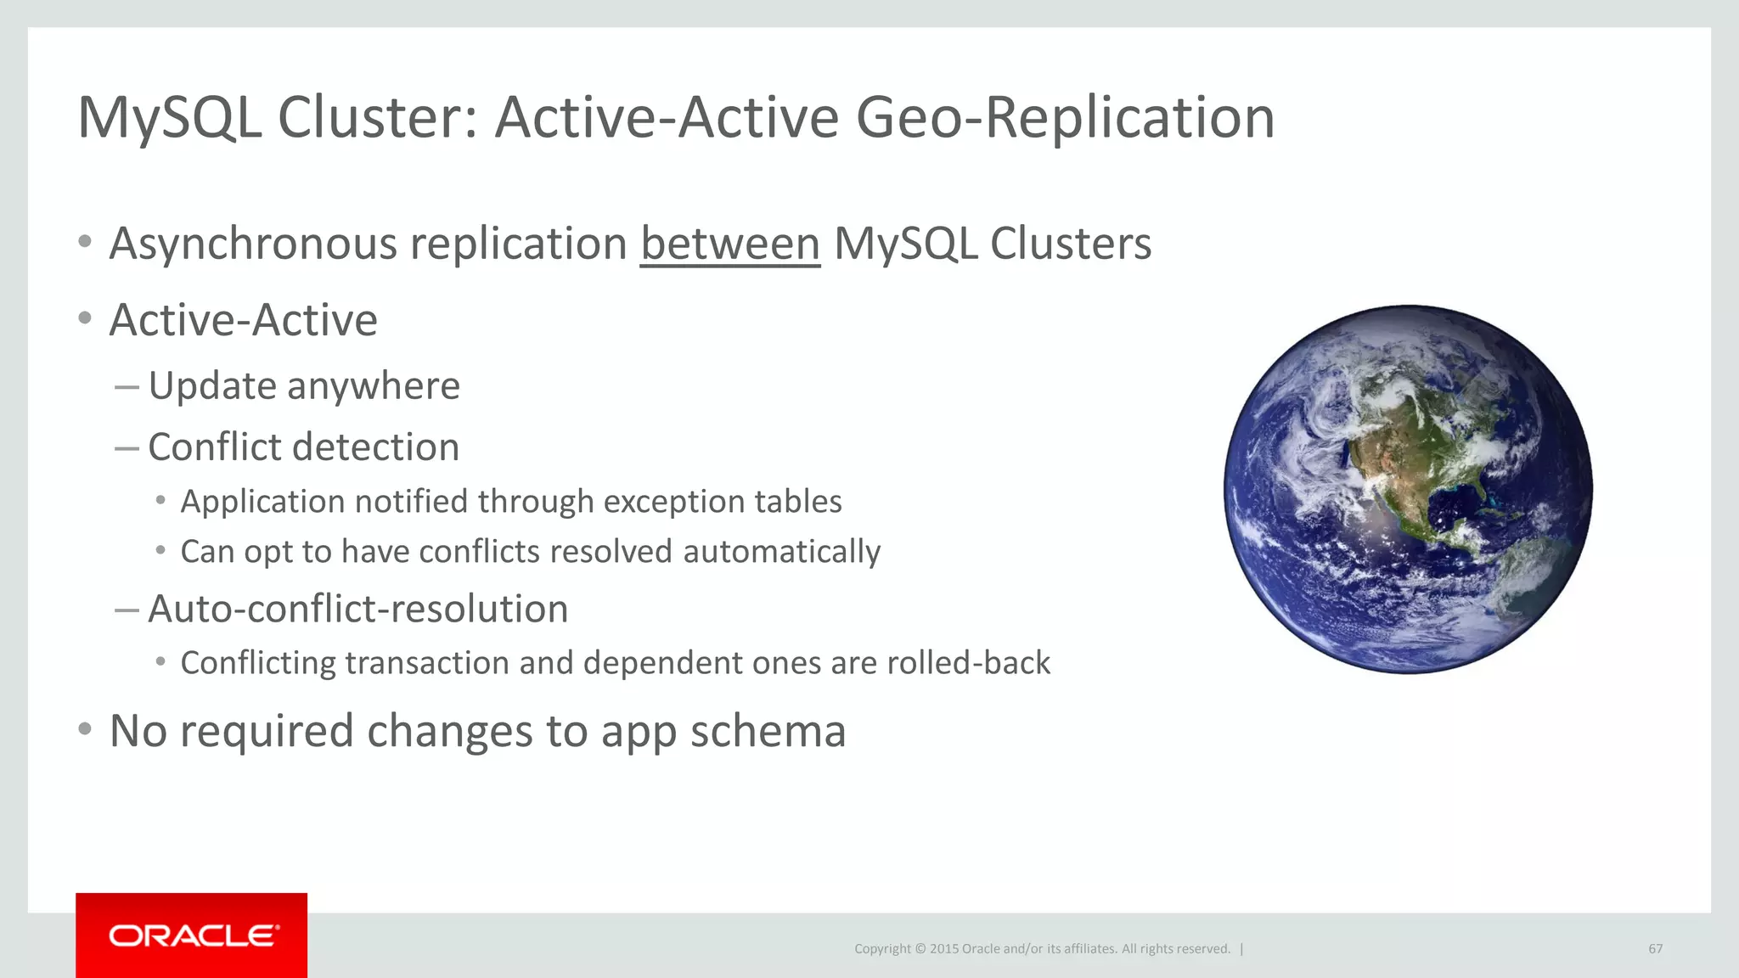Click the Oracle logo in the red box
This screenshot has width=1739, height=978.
(x=193, y=936)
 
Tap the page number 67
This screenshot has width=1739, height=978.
(x=1655, y=948)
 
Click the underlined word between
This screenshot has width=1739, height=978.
(x=730, y=244)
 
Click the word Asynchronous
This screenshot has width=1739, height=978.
(x=253, y=244)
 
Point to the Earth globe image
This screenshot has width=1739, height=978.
(x=1408, y=490)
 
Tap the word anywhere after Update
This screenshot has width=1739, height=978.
(x=374, y=386)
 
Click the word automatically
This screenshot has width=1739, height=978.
(x=781, y=552)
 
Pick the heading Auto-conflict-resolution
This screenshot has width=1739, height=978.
(x=357, y=609)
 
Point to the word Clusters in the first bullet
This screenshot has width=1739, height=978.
(x=1070, y=244)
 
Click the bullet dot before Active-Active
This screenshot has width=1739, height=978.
(x=84, y=319)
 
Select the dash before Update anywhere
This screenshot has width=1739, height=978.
(x=127, y=387)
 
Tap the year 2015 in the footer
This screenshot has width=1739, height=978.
(x=943, y=948)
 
